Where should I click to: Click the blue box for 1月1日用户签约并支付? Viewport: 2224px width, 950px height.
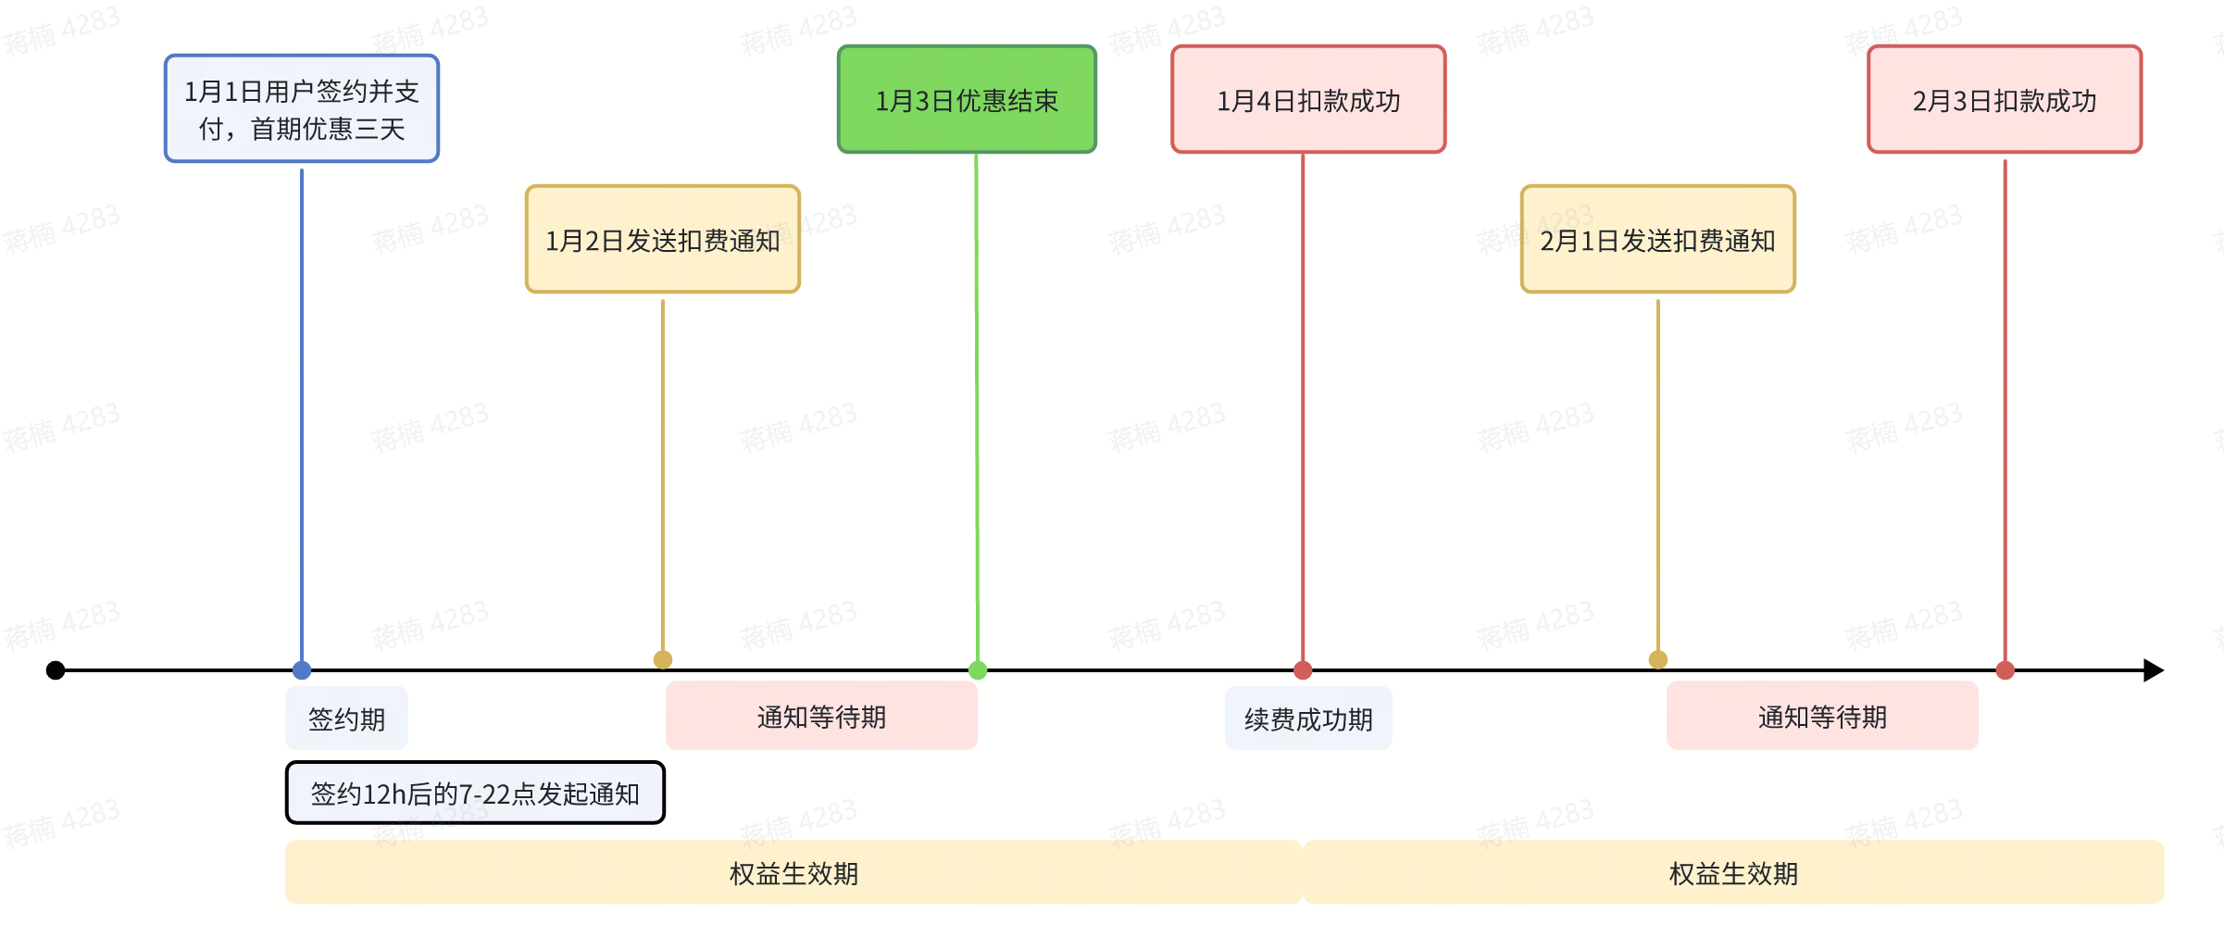[302, 108]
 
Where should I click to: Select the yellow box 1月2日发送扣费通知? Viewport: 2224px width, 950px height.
[663, 240]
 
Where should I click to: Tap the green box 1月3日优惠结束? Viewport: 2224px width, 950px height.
[967, 99]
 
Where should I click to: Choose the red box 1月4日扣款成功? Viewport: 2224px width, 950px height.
[1308, 99]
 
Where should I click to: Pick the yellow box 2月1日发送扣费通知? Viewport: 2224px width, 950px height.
[1657, 240]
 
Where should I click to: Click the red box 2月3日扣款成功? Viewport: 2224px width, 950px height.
[2005, 99]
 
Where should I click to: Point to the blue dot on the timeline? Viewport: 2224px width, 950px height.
[302, 670]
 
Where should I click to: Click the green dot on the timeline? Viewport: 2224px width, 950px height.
[978, 670]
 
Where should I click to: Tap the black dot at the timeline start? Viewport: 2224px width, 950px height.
[56, 670]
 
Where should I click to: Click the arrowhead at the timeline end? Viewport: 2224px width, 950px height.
[2155, 670]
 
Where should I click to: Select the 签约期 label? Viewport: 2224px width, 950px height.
[346, 719]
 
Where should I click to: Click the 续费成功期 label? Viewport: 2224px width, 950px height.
[1308, 719]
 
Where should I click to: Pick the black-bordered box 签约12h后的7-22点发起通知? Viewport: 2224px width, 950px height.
[475, 793]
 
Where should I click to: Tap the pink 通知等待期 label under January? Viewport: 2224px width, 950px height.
[821, 716]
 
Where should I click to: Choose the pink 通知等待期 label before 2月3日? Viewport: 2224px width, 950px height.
[1822, 716]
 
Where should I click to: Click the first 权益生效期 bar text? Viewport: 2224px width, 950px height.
[793, 873]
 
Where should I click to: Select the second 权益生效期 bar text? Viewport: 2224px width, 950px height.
[1733, 873]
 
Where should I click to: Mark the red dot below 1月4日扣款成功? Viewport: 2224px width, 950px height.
[1303, 670]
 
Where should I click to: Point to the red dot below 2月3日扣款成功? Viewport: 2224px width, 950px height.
[2005, 670]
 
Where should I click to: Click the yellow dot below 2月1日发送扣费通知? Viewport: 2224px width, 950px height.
[1658, 659]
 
